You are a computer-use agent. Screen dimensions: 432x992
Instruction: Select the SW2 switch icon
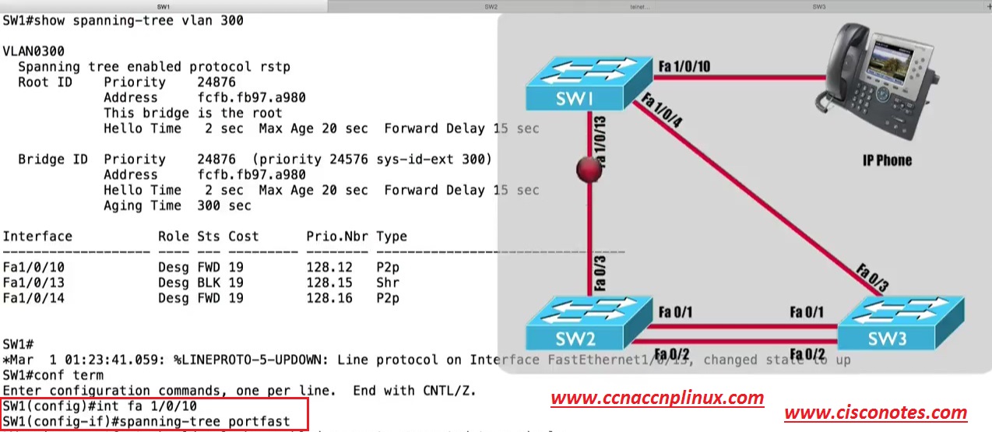(x=588, y=324)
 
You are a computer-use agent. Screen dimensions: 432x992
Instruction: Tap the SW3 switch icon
(x=900, y=324)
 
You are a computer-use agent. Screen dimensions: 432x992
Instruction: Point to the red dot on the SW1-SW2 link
(x=589, y=170)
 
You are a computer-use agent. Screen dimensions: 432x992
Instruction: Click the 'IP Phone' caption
(x=887, y=160)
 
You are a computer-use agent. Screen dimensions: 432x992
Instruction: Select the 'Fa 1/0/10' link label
(x=684, y=66)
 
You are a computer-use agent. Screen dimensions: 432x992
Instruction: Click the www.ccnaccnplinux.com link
(x=657, y=399)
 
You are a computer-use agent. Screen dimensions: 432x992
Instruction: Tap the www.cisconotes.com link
(x=875, y=413)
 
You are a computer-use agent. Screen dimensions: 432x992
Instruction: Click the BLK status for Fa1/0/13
(x=209, y=283)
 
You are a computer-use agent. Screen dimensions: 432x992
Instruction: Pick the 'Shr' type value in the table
(x=388, y=283)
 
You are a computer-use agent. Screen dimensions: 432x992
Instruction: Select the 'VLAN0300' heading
(x=33, y=51)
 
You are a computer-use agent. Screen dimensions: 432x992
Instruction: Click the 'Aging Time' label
(x=142, y=205)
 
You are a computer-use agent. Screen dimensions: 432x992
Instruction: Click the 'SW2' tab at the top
(x=491, y=6)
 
